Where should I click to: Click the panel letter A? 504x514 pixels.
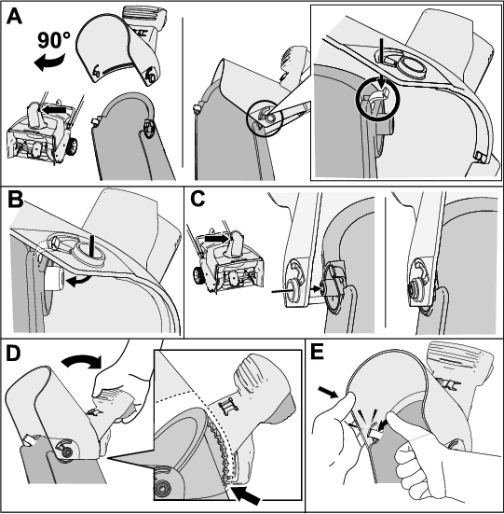click(x=14, y=17)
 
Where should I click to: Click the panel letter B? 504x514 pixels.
click(x=15, y=200)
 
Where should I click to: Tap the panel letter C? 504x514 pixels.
click(x=198, y=199)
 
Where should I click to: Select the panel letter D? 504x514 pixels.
click(x=13, y=354)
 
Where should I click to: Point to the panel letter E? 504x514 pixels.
click(x=317, y=352)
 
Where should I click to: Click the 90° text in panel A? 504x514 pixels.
click(x=54, y=41)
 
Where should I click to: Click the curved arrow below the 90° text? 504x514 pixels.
click(x=49, y=63)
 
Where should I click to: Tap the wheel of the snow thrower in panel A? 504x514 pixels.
click(x=72, y=146)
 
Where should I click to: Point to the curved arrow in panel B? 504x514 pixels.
click(x=78, y=281)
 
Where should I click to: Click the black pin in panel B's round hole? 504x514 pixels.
click(x=93, y=243)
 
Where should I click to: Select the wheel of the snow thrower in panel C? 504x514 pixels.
click(x=198, y=276)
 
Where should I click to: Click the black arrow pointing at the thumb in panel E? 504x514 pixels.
click(x=328, y=392)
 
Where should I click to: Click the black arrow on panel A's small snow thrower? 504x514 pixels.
click(x=54, y=109)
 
